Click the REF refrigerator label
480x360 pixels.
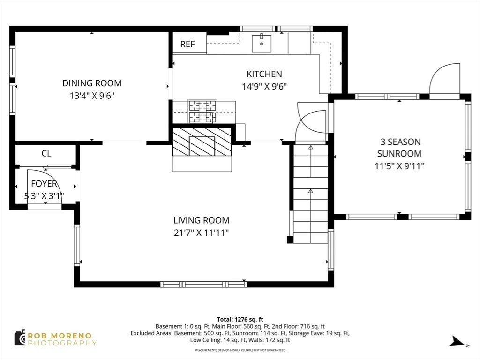[x=187, y=45]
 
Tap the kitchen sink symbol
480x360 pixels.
[x=262, y=44]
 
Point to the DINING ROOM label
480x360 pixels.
[x=92, y=83]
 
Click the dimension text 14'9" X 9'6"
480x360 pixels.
[x=264, y=86]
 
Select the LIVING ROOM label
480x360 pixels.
[x=201, y=220]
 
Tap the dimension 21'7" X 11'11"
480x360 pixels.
[x=201, y=232]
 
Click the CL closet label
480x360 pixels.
[x=46, y=153]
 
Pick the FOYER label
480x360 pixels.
[x=44, y=184]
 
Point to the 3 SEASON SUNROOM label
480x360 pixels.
[x=400, y=147]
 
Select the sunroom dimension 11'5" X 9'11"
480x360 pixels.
[x=400, y=165]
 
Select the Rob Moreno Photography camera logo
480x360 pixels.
[x=20, y=338]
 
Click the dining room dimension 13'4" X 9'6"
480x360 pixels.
[x=92, y=96]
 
